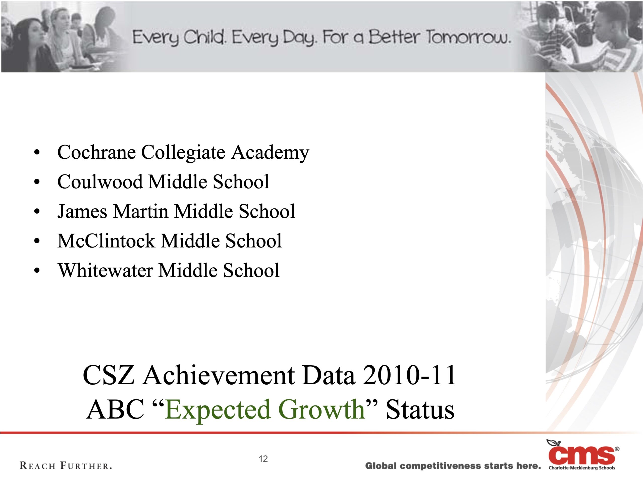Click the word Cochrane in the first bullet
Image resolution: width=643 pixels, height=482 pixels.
click(96, 152)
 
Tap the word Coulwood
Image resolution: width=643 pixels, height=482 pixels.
click(100, 182)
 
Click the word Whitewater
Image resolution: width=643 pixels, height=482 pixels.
click(105, 270)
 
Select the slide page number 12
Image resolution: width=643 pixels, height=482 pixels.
click(263, 459)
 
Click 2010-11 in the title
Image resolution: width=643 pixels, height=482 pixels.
click(409, 376)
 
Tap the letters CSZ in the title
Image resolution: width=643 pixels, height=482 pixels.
click(109, 376)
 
